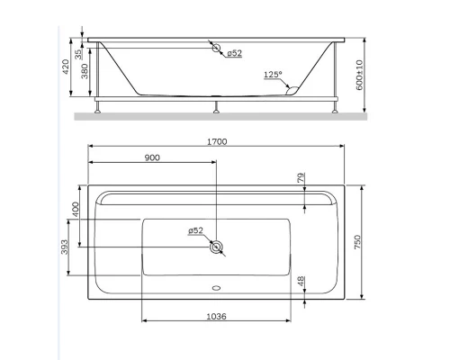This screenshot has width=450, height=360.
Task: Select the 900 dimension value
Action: pyautogui.click(x=152, y=157)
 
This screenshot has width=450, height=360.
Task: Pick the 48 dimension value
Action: pyautogui.click(x=300, y=283)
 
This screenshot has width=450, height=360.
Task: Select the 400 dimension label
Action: pyautogui.click(x=76, y=210)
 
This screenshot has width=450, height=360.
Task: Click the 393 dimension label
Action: pyautogui.click(x=65, y=247)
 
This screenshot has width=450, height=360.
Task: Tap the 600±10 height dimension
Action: pyautogui.click(x=357, y=77)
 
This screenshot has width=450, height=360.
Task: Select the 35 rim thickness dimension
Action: pyautogui.click(x=78, y=53)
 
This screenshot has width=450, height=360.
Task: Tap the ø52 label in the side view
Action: pyautogui.click(x=234, y=54)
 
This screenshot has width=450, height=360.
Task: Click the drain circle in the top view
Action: pyautogui.click(x=215, y=246)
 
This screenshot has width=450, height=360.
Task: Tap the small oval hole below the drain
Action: pyautogui.click(x=215, y=290)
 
